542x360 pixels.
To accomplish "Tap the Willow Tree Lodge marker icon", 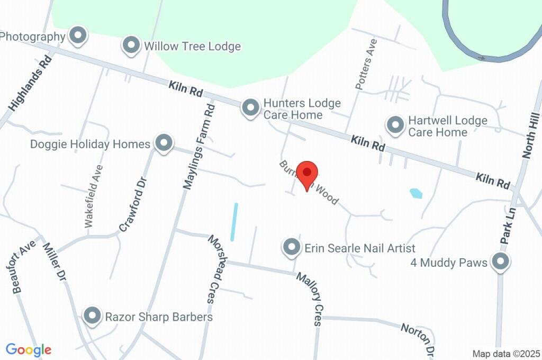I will tap(131, 46).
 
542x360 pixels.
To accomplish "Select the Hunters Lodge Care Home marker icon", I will tap(250, 108).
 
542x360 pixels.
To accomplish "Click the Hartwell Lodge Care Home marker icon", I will tap(394, 125).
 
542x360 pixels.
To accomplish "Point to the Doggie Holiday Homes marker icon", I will tap(164, 143).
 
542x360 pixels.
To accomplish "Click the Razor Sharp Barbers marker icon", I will tap(93, 316).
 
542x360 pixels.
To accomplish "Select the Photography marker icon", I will tap(79, 35).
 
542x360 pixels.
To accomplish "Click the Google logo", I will tap(29, 350).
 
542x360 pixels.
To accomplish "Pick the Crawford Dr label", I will tap(132, 204).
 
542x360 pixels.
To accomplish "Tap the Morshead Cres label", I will tap(218, 269).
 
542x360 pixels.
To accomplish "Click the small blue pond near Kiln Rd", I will tap(416, 193).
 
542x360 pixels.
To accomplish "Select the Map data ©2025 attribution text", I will tap(505, 354).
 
